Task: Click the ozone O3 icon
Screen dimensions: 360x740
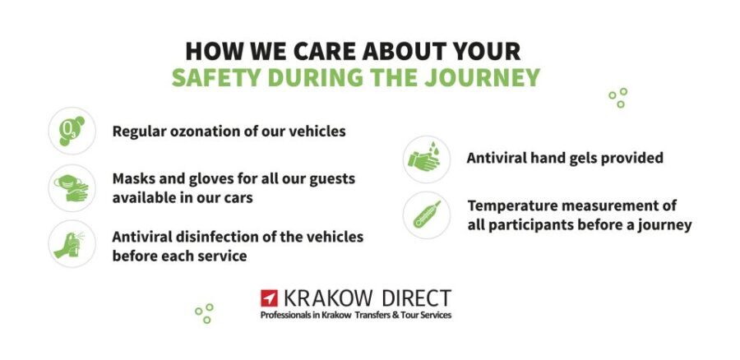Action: click(72, 132)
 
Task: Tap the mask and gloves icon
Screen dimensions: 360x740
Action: click(72, 187)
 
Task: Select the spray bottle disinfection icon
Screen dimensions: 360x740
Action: click(72, 244)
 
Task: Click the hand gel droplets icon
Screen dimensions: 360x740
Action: click(427, 159)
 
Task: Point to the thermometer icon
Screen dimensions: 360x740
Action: click(427, 215)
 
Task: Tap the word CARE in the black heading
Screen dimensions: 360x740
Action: click(314, 51)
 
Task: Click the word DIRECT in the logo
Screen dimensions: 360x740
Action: click(417, 298)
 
